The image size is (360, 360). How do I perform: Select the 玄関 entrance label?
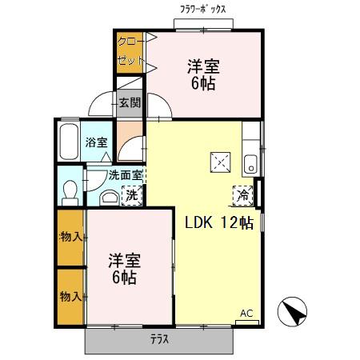[130, 102]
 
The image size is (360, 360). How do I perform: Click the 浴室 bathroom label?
[97, 143]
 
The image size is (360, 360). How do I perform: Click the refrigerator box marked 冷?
[242, 194]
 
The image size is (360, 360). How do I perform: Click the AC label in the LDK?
[246, 313]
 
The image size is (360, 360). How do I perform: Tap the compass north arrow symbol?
[292, 312]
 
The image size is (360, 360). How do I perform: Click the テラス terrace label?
[159, 339]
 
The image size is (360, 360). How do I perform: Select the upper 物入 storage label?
[70, 236]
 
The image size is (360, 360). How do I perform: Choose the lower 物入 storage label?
[70, 297]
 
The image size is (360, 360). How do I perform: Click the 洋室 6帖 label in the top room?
[203, 74]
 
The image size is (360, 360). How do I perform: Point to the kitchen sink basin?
[250, 162]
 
